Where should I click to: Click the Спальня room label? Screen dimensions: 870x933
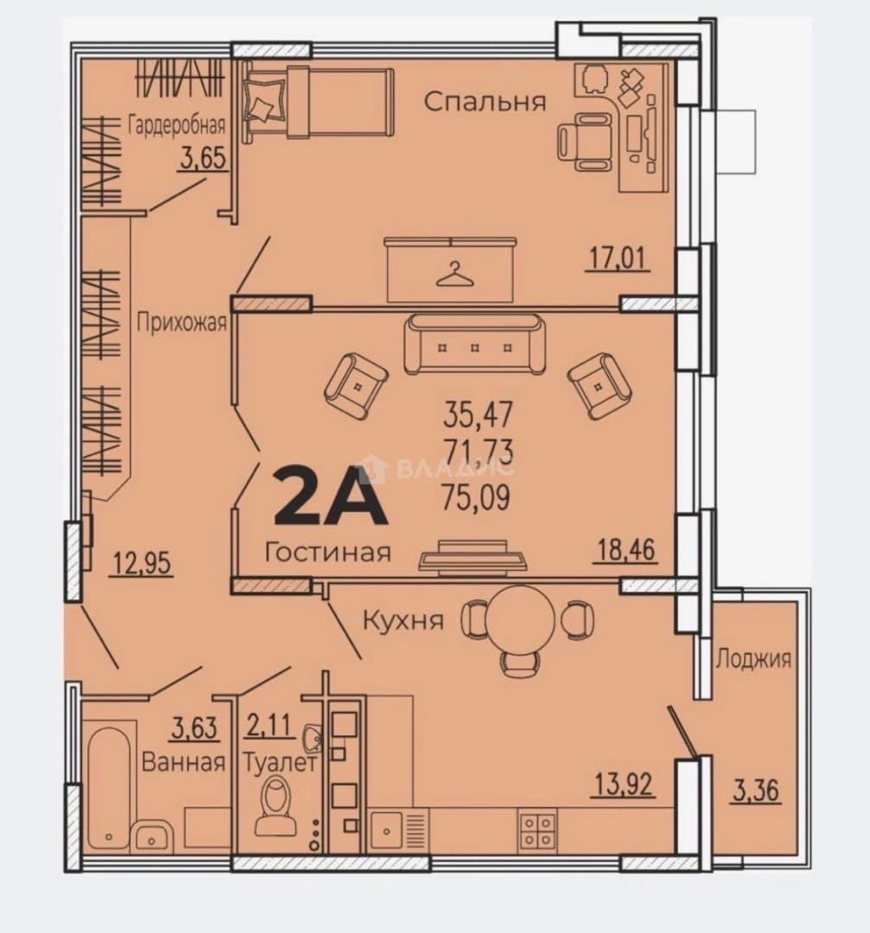coord(485,102)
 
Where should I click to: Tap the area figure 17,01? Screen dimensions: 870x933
coord(617,258)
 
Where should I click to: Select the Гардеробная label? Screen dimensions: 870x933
coord(177,125)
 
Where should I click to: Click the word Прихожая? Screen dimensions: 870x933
coord(181,322)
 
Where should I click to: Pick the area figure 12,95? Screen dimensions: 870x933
coord(142,563)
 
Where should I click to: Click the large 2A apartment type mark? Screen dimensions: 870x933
coord(330,496)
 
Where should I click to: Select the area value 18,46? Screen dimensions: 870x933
coord(626,549)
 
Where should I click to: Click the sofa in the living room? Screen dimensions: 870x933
coord(474,344)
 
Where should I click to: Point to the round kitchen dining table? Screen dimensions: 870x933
coord(519,619)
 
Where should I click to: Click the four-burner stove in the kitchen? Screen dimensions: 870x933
coord(538,829)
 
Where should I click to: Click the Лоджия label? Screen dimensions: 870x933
coord(753,659)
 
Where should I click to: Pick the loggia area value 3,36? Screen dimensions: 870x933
coord(756,790)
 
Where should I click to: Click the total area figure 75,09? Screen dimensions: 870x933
coord(476,498)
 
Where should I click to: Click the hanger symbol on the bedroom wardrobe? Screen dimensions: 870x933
coord(454,275)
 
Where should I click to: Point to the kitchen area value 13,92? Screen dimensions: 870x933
coord(623,784)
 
